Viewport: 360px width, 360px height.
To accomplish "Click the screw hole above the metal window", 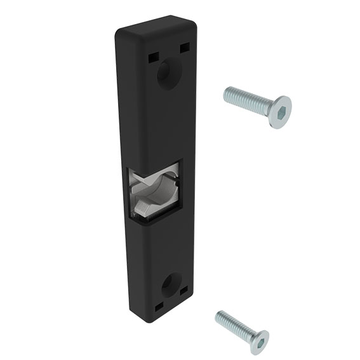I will (x=170, y=74).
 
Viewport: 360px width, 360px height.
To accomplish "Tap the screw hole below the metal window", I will (x=170, y=286).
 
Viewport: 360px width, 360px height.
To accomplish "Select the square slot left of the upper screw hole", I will (x=153, y=57).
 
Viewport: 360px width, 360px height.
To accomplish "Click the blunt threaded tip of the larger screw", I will (x=226, y=94).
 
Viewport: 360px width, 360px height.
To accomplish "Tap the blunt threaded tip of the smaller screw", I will (x=218, y=316).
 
